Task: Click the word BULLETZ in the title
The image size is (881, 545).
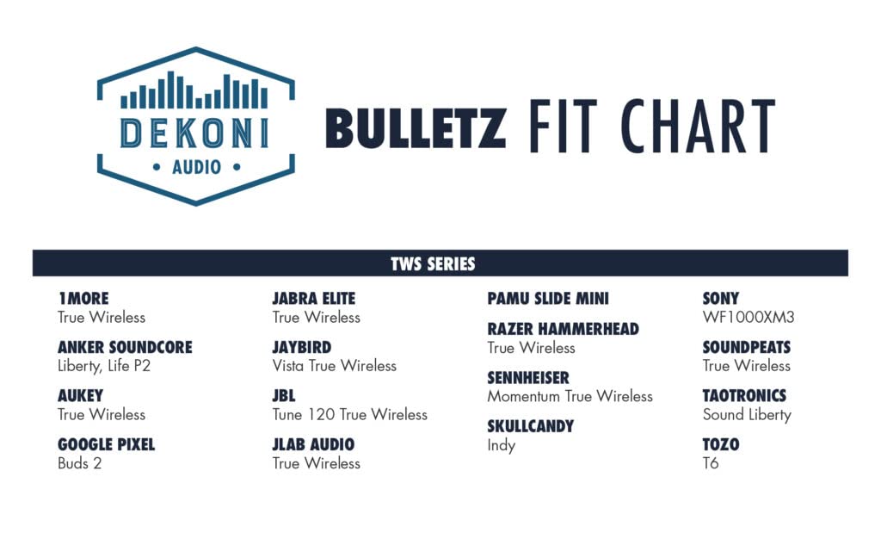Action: click(416, 128)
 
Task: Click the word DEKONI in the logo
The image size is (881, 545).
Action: click(195, 133)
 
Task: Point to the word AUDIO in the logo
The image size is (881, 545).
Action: click(196, 167)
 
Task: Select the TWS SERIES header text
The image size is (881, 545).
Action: click(433, 263)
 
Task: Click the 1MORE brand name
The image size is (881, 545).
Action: click(83, 299)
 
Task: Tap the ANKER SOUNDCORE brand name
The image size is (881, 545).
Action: click(125, 348)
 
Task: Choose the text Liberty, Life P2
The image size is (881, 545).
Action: click(104, 366)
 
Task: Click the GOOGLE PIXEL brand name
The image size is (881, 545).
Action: click(106, 445)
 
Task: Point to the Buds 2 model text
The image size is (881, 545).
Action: click(80, 463)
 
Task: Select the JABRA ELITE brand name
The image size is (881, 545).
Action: click(313, 299)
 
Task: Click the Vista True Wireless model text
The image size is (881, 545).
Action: click(335, 366)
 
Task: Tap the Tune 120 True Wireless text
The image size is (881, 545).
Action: click(350, 415)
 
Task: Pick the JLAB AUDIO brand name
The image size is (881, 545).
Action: click(313, 445)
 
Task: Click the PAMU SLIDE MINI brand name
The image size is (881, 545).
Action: click(548, 299)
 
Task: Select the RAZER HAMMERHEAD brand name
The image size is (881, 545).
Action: click(563, 329)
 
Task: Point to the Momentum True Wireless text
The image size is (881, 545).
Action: click(570, 397)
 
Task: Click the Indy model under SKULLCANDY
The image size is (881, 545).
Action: click(502, 446)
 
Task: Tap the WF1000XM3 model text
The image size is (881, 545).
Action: click(749, 318)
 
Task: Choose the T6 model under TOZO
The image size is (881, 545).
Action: click(711, 463)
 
